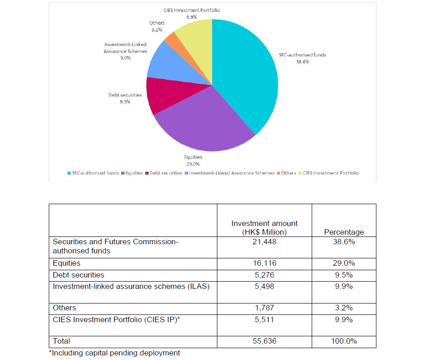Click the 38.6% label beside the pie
pos(302,61)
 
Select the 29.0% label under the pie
pos(193,164)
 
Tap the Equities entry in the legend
pos(133,173)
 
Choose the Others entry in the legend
pos(288,173)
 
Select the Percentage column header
pos(344,232)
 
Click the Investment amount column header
pos(264,227)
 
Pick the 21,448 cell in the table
pos(264,242)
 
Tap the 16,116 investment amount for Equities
pos(264,263)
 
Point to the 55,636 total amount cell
pos(264,341)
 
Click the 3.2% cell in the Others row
pos(344,308)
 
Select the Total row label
pos(62,341)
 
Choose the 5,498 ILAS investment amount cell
pos(264,286)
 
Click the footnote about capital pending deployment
pos(114,353)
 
